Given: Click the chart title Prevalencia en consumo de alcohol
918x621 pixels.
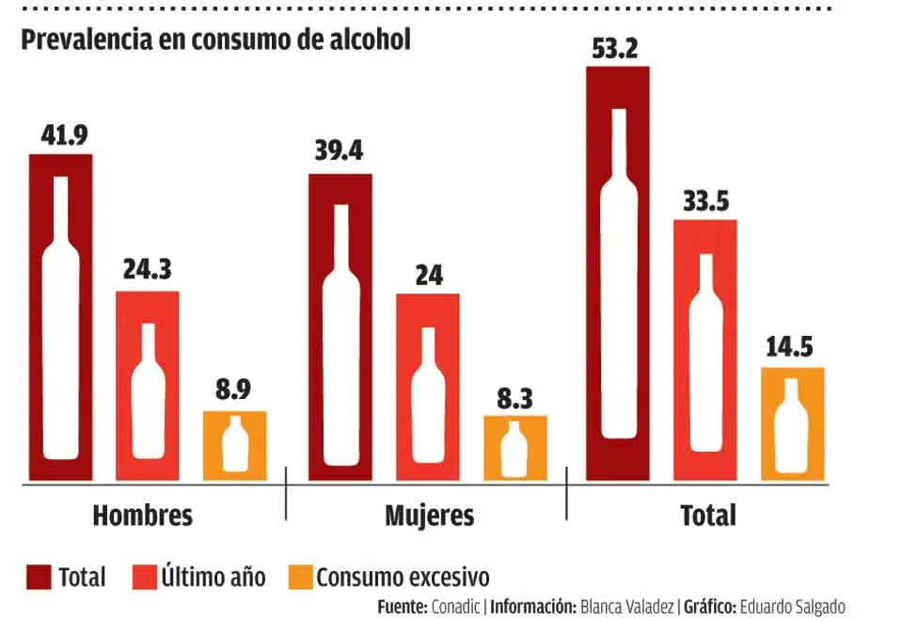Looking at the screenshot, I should click(215, 42).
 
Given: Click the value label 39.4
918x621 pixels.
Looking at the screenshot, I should click(340, 151).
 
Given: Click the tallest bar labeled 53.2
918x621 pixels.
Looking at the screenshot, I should click(617, 273).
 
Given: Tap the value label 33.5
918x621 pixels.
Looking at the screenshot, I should click(704, 199).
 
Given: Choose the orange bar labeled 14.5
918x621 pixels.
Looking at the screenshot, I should click(792, 423).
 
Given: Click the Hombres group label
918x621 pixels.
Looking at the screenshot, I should click(143, 516).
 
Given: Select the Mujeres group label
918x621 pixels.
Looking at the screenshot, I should click(429, 516).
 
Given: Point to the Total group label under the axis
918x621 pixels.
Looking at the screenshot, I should click(707, 516).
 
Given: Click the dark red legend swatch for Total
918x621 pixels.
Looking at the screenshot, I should click(39, 577).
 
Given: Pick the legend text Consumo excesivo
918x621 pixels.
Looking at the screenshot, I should click(403, 577).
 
